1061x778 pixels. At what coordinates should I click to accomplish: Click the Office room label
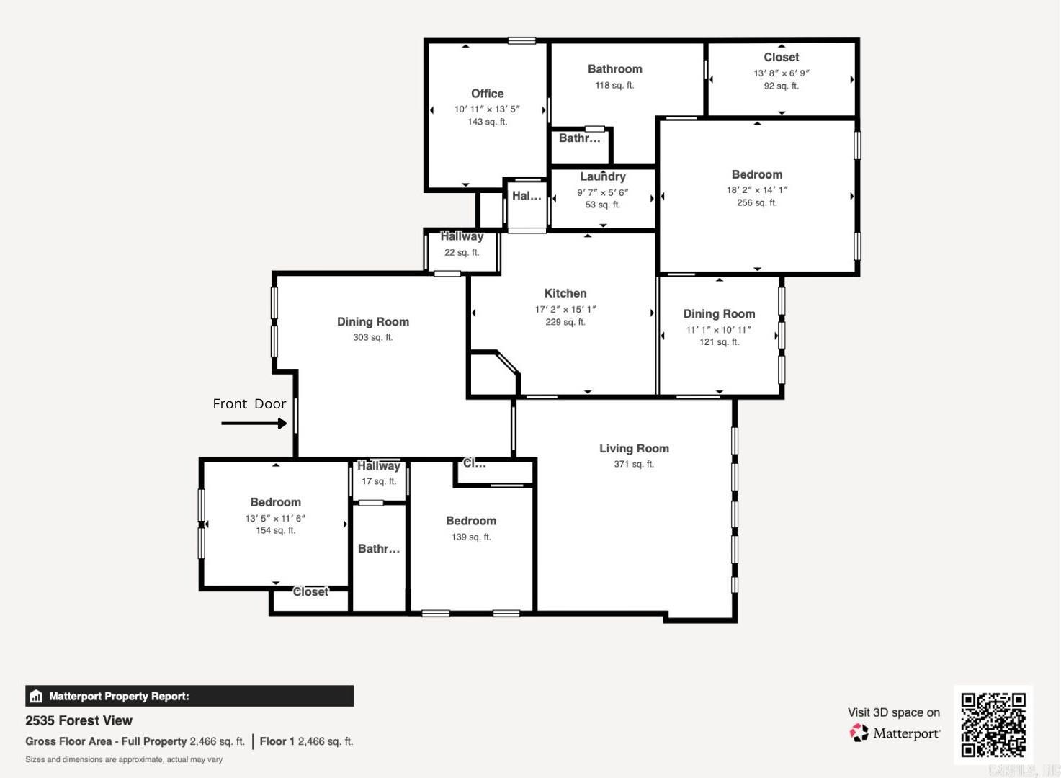487,94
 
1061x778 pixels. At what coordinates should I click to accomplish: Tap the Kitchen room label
565,293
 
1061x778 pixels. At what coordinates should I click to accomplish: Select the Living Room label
634,448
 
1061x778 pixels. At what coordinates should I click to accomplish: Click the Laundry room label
603,176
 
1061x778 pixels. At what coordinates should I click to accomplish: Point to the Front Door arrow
254,424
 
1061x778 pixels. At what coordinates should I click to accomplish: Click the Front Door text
249,404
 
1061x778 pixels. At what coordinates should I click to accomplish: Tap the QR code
993,725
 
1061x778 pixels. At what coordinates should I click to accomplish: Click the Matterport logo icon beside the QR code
859,733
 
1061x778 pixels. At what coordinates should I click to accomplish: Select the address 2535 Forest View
79,720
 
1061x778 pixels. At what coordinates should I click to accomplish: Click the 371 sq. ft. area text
634,464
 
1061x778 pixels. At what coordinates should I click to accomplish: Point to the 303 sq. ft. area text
372,337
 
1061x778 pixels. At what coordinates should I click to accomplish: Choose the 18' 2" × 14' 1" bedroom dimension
757,190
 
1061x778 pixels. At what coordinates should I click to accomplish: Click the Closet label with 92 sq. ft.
781,57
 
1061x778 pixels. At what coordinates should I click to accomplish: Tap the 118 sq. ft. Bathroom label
614,69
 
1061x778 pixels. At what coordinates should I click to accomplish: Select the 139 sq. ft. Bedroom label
470,521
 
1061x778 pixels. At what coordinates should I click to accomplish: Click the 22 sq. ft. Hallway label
462,237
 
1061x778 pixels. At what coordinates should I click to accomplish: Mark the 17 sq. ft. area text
379,481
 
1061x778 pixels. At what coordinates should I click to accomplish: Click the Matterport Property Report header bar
189,696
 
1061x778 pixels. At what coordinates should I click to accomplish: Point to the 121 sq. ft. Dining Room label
719,314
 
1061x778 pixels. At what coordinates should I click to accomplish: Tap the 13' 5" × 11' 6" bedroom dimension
275,518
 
